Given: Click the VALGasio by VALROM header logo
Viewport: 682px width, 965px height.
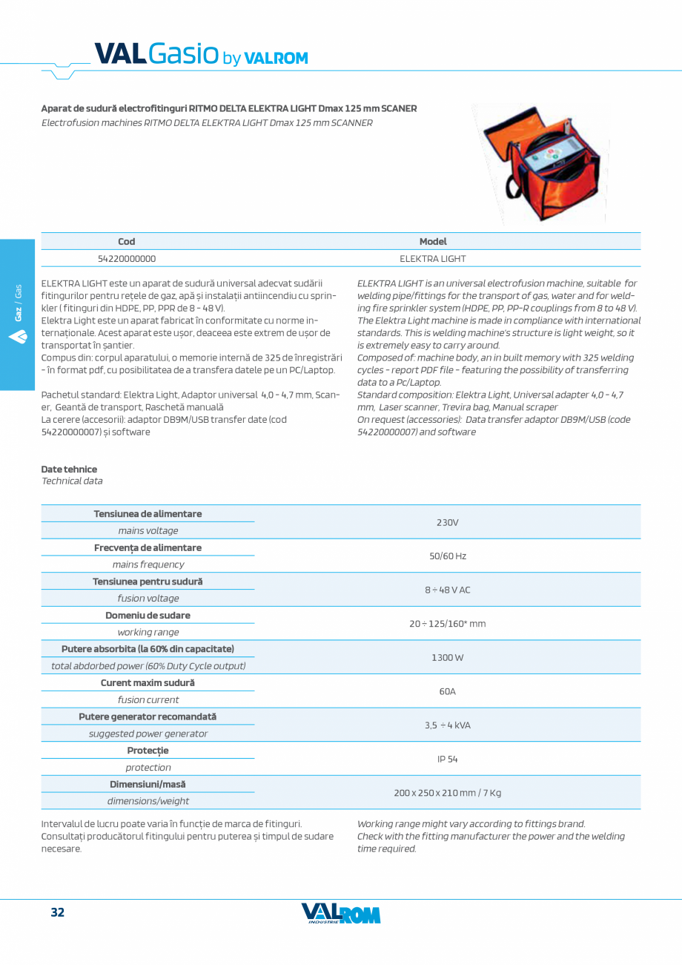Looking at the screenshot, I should (x=200, y=55).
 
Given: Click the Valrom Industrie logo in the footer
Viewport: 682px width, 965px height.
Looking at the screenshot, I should (x=341, y=914).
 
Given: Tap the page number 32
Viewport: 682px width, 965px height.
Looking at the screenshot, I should (x=57, y=912).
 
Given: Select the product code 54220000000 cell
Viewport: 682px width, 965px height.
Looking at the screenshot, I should (x=127, y=259).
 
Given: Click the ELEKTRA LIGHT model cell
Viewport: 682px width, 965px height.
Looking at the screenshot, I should (x=433, y=259).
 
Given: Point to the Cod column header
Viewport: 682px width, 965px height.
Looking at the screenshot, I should (x=127, y=241).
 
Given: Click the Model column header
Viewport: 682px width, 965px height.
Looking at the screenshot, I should (x=433, y=241).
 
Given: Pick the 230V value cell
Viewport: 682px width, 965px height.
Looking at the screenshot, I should (x=447, y=522).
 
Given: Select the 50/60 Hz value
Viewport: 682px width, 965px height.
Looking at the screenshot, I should (x=447, y=556).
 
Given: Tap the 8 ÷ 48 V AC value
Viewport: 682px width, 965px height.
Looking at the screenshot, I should (x=447, y=590).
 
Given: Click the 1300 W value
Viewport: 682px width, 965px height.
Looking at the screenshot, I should (x=447, y=658).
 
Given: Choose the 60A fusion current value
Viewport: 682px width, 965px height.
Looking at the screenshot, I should (x=447, y=691).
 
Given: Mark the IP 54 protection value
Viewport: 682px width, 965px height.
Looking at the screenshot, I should (x=447, y=760).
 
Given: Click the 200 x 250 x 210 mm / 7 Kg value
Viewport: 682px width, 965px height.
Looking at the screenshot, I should (x=447, y=793).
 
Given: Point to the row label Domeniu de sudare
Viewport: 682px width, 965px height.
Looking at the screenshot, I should (x=148, y=616).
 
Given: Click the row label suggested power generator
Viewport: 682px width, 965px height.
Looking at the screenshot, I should (x=148, y=734).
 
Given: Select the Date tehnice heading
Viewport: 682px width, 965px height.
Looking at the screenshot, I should (x=69, y=470).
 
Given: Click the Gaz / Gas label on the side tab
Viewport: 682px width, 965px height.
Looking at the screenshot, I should (x=18, y=303).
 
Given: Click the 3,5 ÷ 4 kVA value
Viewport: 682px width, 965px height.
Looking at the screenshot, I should (x=447, y=725).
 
